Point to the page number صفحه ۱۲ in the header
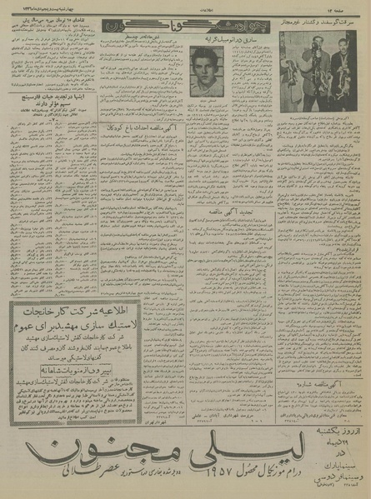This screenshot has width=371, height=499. pos(351,8)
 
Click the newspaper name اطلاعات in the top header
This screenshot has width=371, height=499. pos(185,8)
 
